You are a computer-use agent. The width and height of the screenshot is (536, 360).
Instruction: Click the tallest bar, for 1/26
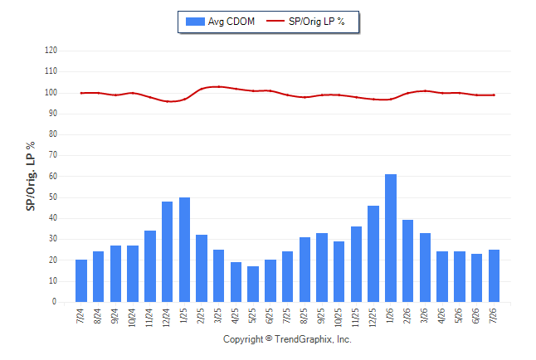(391, 238)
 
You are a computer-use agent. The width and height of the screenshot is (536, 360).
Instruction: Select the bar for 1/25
(184, 250)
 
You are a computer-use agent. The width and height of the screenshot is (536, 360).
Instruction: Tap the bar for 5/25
(253, 285)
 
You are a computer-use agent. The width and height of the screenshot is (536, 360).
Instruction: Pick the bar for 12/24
(167, 251)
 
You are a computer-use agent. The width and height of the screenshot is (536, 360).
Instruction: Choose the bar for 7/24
(81, 280)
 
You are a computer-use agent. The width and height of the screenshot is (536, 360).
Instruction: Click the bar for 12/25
(373, 254)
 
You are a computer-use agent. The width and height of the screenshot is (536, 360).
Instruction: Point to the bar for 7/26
(494, 276)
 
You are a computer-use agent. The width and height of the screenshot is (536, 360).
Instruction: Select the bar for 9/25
(322, 267)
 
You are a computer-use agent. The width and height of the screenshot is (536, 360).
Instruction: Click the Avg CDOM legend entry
(220, 22)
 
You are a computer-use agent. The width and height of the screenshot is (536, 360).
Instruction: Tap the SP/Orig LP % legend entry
(305, 22)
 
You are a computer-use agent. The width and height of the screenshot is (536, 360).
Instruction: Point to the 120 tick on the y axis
(51, 51)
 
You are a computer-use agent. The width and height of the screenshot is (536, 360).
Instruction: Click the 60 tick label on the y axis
(52, 176)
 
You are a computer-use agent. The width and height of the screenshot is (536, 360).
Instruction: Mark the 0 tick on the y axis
(55, 302)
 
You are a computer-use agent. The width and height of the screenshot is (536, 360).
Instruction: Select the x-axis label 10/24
(133, 318)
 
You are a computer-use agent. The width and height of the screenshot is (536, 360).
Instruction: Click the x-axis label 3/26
(425, 315)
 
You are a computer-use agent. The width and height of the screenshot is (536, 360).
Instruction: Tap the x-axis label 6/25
(270, 315)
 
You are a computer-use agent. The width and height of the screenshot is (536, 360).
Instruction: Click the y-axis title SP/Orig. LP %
(31, 176)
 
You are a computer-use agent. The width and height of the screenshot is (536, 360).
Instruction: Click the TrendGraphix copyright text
(287, 339)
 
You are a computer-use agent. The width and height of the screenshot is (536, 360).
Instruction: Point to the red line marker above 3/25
(219, 86)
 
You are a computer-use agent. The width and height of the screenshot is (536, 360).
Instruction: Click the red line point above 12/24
(167, 101)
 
